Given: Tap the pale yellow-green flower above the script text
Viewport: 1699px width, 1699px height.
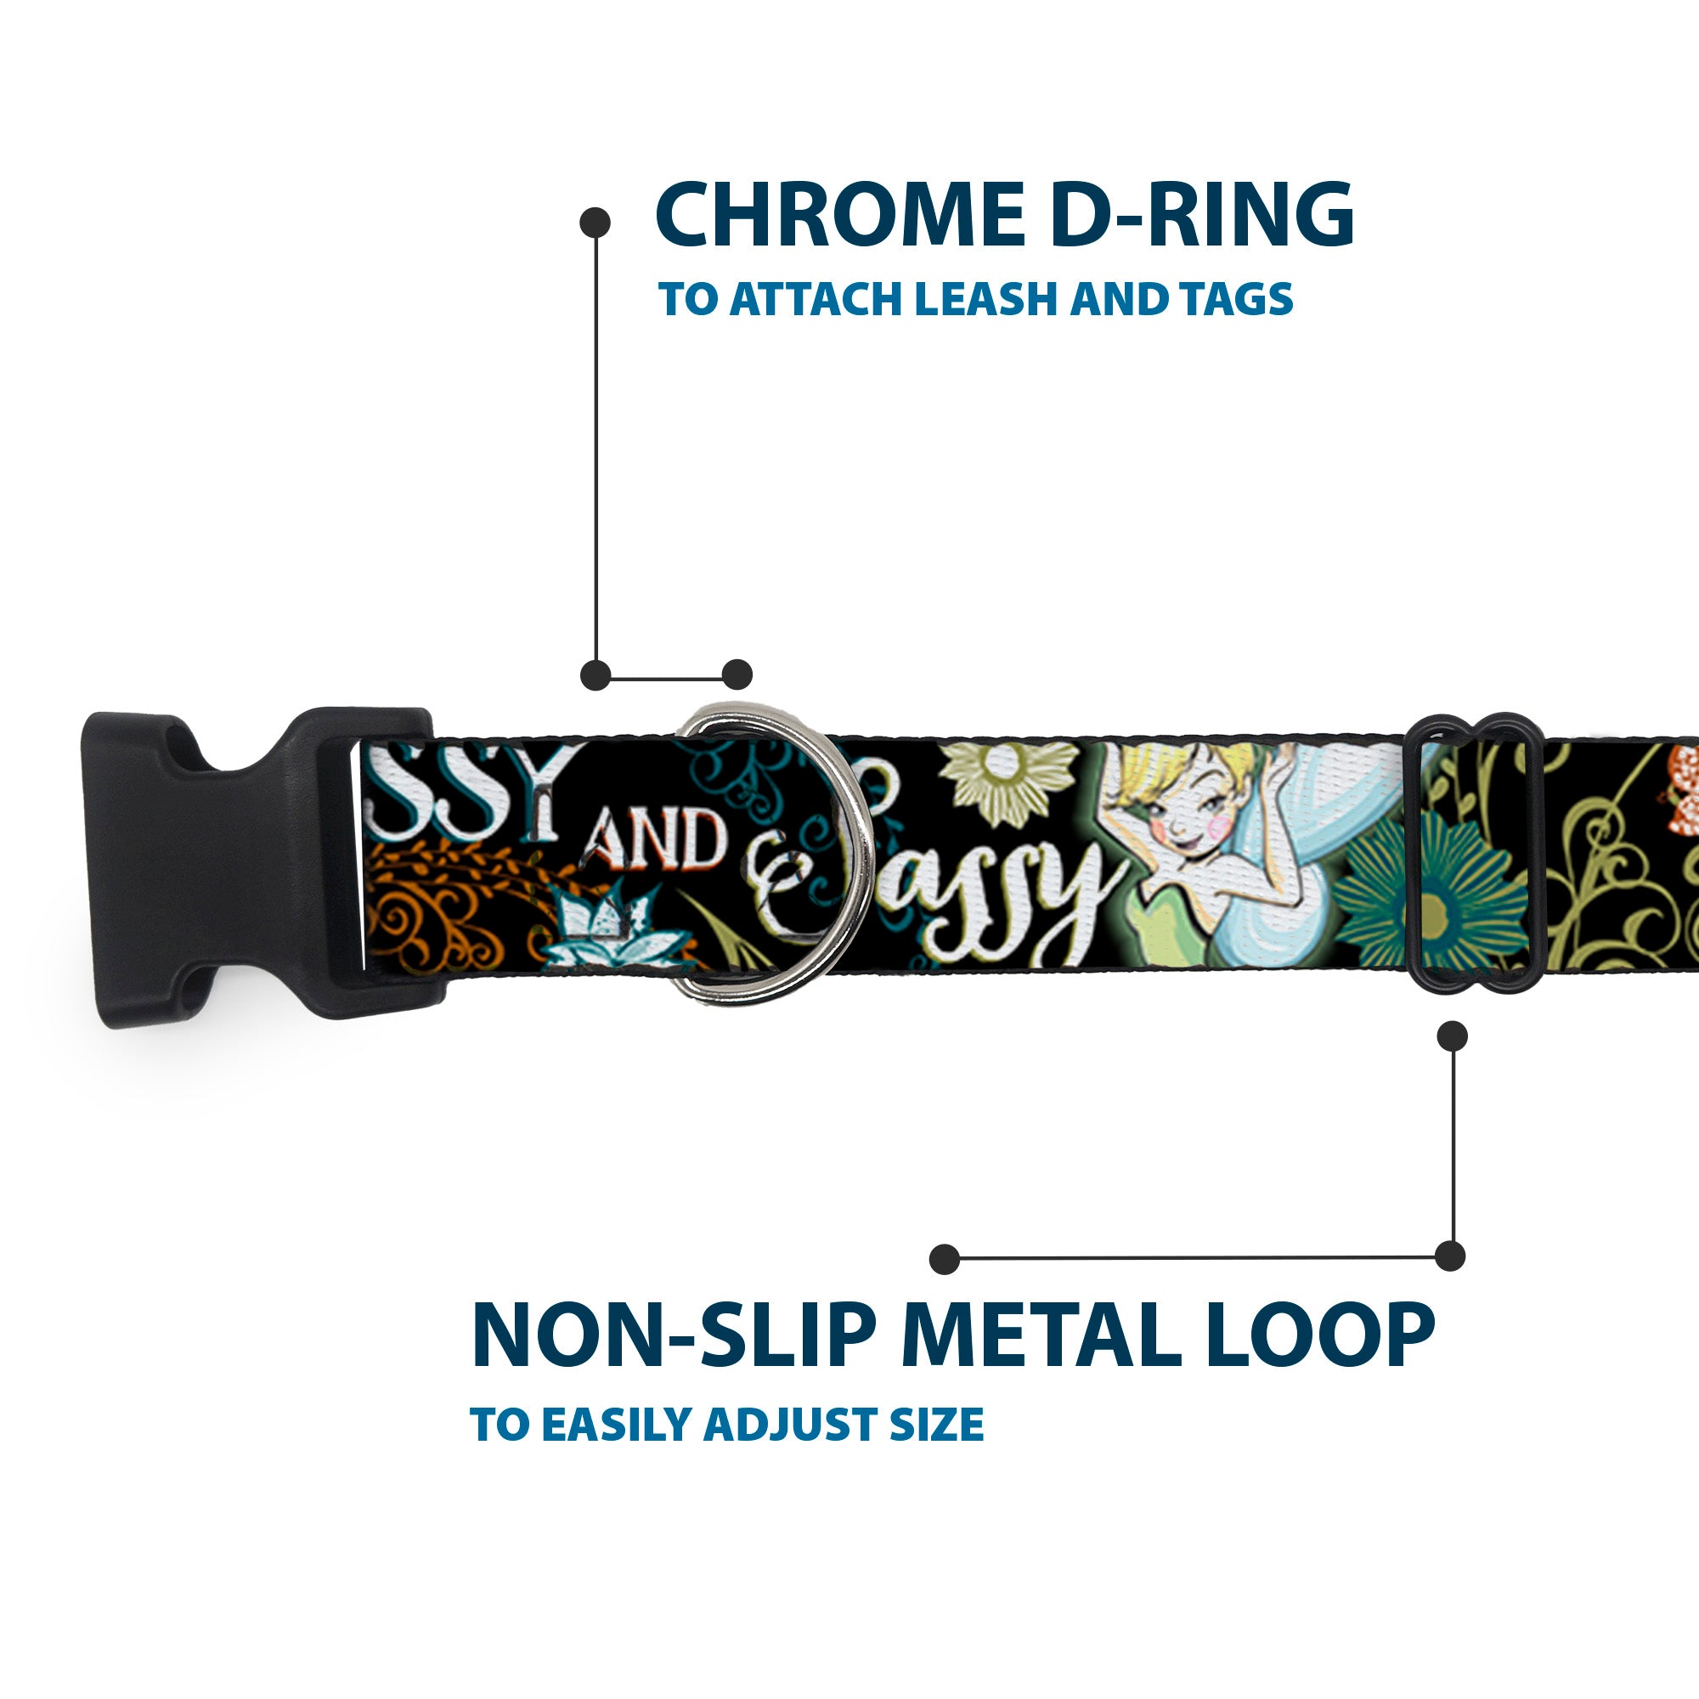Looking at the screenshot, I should [1008, 782].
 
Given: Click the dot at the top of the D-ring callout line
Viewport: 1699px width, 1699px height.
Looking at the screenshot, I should [595, 222].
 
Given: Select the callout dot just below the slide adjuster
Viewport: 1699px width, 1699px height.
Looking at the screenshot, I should [1452, 1036].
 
